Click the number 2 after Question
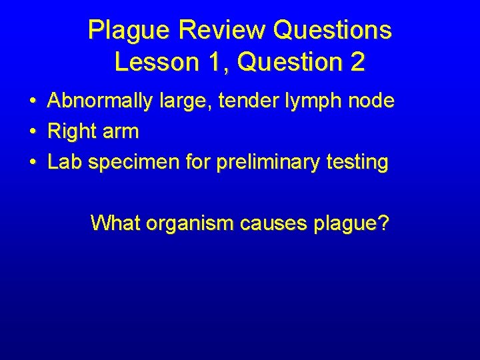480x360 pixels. coord(357,62)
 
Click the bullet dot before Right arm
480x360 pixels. coord(32,132)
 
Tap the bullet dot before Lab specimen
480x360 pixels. coord(32,163)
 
